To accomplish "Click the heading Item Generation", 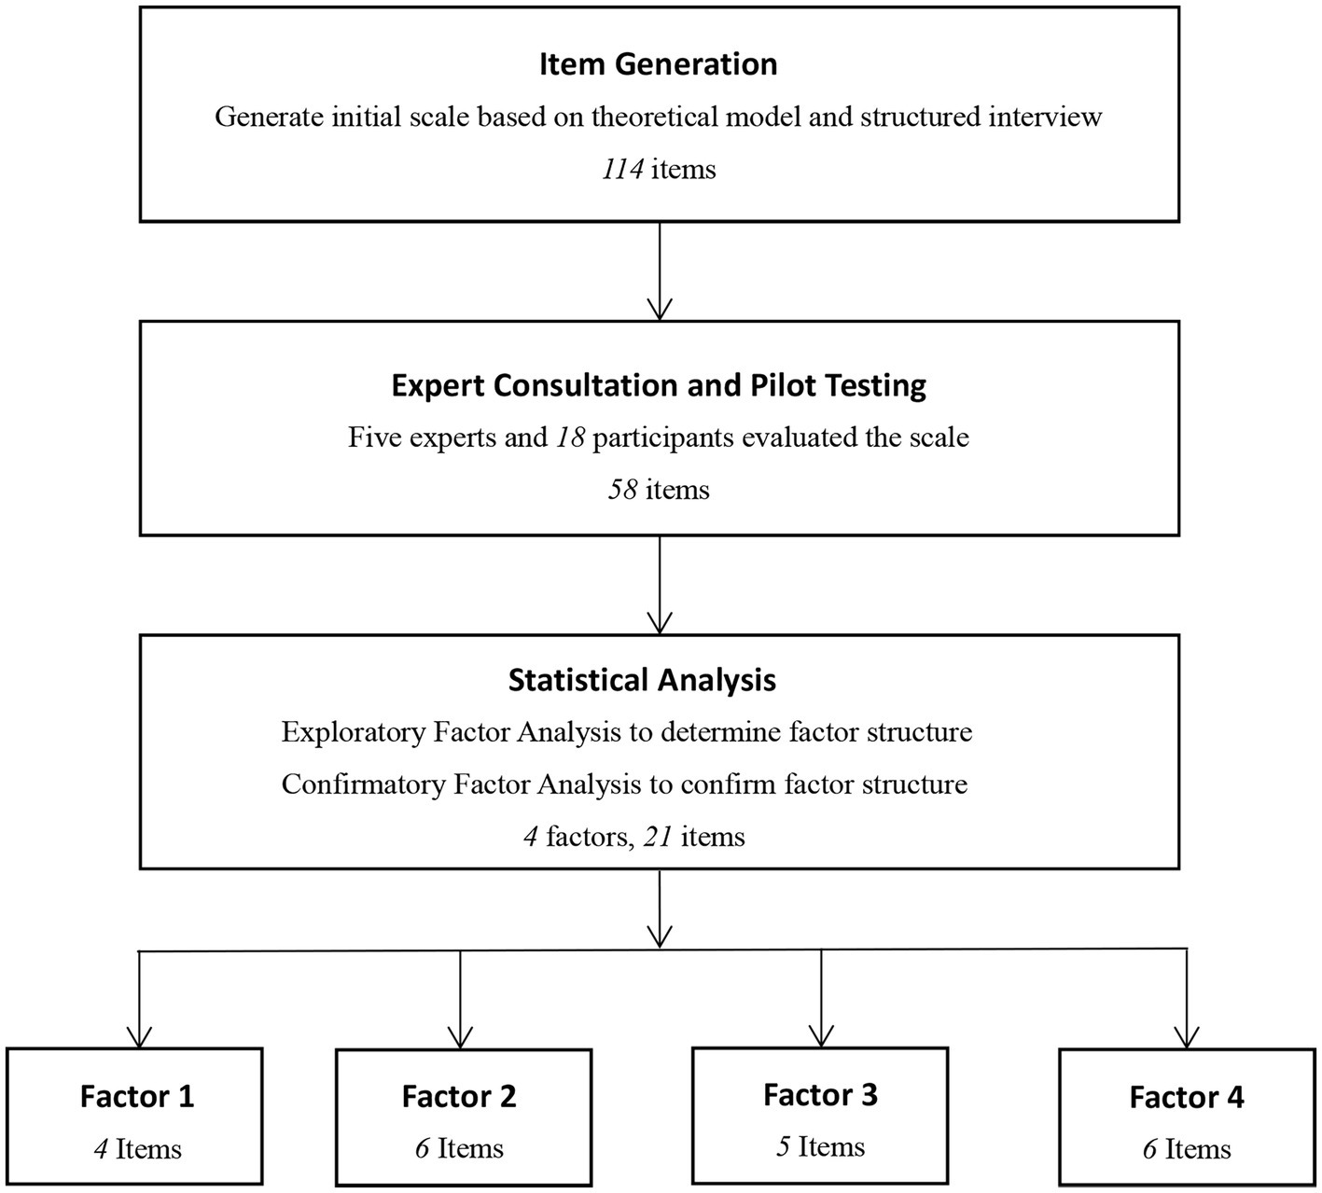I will (x=659, y=64).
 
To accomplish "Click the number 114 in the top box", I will (x=622, y=170).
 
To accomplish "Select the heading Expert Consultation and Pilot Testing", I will (x=659, y=385).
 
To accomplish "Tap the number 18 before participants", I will (x=569, y=437).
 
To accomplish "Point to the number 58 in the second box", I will (x=622, y=490).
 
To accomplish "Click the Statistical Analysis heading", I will (x=642, y=680).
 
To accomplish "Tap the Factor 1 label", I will (x=137, y=1096).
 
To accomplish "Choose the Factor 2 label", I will (x=459, y=1096).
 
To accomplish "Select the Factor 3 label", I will (x=820, y=1094).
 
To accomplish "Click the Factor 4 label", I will (x=1186, y=1097).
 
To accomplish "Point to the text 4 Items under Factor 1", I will (x=137, y=1149).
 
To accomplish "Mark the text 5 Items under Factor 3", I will (x=820, y=1146).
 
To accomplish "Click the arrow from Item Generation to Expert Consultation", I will (x=660, y=271).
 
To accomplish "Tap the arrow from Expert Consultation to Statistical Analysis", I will (x=660, y=585).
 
